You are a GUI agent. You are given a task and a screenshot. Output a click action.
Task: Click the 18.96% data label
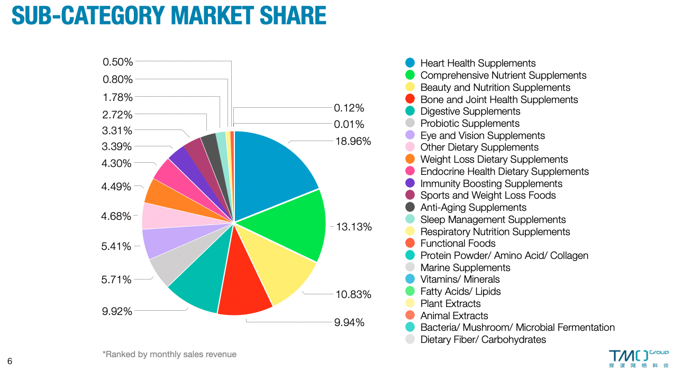click(x=353, y=142)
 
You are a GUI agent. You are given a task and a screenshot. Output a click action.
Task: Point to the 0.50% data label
click(x=117, y=62)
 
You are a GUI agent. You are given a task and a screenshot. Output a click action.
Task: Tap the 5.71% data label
click(x=116, y=280)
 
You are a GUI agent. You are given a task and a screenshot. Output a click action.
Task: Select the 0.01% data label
click(x=349, y=125)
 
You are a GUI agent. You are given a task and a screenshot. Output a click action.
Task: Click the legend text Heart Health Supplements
click(x=478, y=63)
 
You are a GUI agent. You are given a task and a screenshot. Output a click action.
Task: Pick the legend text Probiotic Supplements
click(x=470, y=124)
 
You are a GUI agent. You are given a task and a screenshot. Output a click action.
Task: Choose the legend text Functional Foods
click(x=458, y=244)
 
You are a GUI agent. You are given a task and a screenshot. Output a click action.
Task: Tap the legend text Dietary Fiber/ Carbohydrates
click(x=483, y=340)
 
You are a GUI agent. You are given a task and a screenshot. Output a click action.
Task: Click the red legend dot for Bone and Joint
click(x=410, y=99)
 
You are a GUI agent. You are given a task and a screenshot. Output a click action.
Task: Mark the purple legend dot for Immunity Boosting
click(x=410, y=183)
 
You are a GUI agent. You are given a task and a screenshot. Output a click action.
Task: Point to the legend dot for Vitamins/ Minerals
click(x=410, y=280)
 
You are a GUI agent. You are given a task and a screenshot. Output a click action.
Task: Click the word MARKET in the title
click(x=216, y=15)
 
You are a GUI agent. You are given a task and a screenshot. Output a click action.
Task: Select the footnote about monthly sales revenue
click(x=169, y=355)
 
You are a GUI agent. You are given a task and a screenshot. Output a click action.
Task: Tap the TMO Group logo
click(x=638, y=358)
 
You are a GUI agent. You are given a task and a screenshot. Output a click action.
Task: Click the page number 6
click(x=10, y=361)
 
